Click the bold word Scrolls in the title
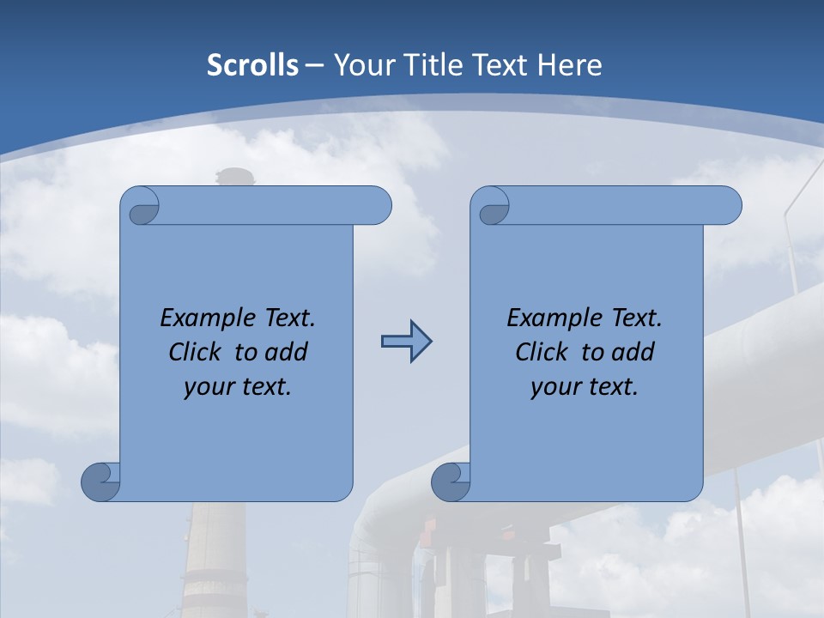pyautogui.click(x=253, y=65)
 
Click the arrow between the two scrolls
pyautogui.click(x=406, y=342)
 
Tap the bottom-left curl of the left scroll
pyautogui.click(x=100, y=482)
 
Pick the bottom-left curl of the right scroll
pyautogui.click(x=451, y=482)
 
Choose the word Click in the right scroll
pyautogui.click(x=542, y=353)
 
